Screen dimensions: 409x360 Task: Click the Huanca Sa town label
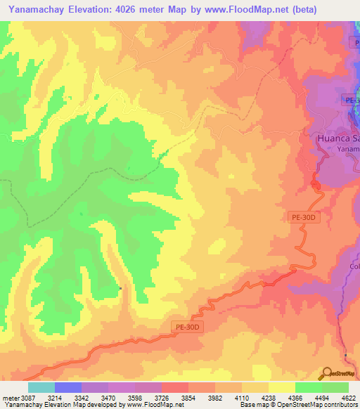tap(335, 138)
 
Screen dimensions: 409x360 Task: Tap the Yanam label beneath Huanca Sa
tap(347, 150)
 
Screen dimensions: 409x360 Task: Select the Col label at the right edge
tap(354, 266)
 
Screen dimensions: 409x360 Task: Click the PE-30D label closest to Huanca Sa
tap(304, 218)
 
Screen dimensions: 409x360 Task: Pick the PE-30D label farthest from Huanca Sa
tap(188, 326)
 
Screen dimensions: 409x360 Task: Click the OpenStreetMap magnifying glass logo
tap(327, 374)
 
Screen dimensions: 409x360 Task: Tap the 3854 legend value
tap(187, 398)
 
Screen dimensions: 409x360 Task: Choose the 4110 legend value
tap(240, 398)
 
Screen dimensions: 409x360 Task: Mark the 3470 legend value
tap(106, 398)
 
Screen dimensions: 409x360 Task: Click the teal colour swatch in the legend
tap(41, 387)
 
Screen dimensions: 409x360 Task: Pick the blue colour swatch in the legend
tap(67, 387)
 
